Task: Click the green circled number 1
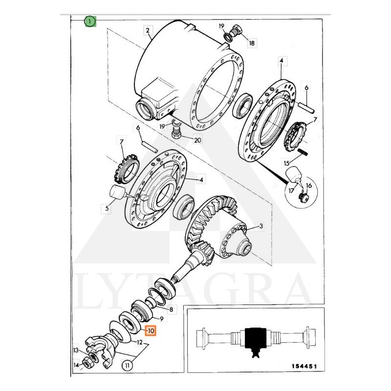coord(90,21)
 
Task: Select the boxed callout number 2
coord(147,30)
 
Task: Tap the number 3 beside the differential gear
coord(261,226)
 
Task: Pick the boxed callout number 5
coord(106,209)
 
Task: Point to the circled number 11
coord(127,365)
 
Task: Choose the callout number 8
coord(171,309)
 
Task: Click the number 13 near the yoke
coord(76,350)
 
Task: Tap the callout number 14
coord(76,365)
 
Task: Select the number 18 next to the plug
coord(252,43)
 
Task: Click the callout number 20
coord(197,141)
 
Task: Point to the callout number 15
coord(287,163)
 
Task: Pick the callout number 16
coord(308,186)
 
